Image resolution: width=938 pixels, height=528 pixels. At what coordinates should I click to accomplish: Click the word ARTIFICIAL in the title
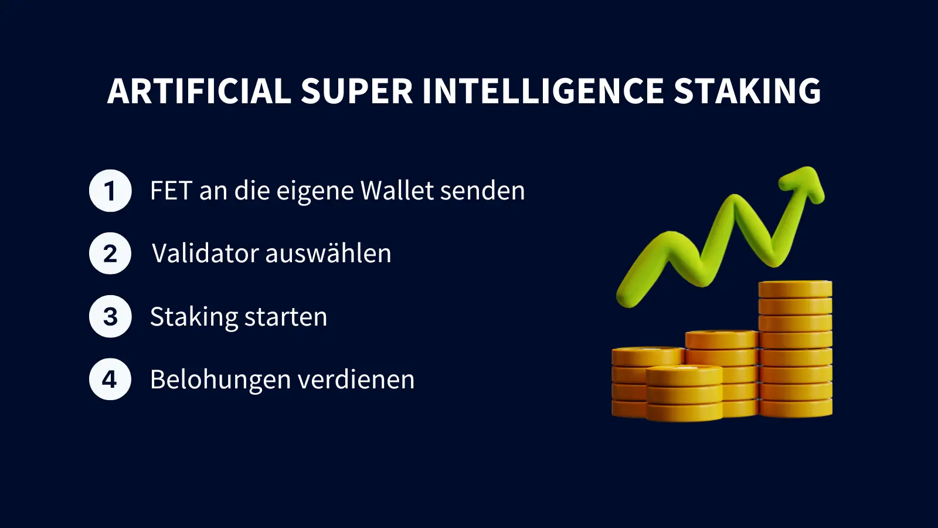(x=199, y=91)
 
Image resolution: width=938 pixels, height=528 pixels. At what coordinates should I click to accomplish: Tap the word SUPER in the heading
(x=357, y=91)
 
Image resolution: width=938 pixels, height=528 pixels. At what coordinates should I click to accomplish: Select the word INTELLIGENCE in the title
(x=543, y=91)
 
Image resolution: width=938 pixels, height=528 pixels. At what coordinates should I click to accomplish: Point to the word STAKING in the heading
(x=747, y=91)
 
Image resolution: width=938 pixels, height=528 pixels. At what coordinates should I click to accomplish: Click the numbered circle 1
(x=110, y=191)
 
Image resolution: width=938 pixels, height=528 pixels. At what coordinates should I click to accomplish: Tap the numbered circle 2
(x=110, y=253)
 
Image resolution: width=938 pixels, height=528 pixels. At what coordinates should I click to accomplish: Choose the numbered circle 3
(x=110, y=316)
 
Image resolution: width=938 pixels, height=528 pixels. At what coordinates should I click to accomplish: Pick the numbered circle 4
(x=110, y=379)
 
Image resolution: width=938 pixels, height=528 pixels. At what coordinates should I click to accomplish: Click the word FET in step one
(x=171, y=191)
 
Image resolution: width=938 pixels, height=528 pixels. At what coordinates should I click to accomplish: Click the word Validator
(x=205, y=253)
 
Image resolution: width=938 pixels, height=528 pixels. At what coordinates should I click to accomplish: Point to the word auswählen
(x=329, y=253)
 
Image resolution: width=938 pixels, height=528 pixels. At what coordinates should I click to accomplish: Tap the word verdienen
(x=356, y=379)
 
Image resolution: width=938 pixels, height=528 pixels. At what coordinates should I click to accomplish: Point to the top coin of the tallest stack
(x=795, y=289)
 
